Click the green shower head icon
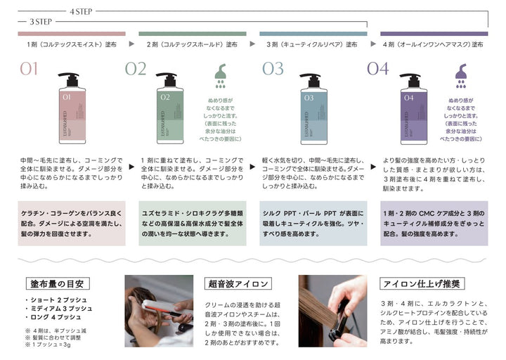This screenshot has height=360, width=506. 219,75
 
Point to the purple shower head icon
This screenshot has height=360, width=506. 461,75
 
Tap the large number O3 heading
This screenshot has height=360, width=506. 273,69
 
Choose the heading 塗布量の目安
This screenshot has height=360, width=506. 57,284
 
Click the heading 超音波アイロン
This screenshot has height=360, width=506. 238,284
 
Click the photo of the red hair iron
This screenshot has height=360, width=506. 159,311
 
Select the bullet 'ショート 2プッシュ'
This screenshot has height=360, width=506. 58,300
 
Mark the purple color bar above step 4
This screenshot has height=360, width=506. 434,33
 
